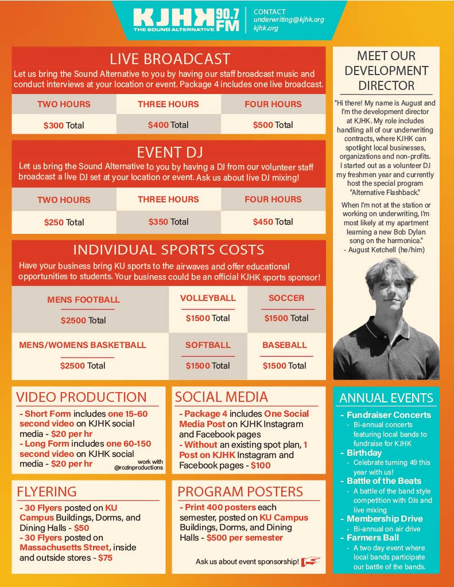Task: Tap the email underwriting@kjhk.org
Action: (x=288, y=19)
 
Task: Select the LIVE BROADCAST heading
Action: (x=170, y=58)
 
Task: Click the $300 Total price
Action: (x=64, y=125)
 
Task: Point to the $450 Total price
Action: (x=273, y=222)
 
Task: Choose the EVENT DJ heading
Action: (x=169, y=152)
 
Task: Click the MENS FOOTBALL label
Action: (x=83, y=299)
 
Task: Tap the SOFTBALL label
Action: (x=208, y=345)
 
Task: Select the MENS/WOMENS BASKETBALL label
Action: (x=83, y=345)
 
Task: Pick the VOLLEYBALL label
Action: (x=208, y=298)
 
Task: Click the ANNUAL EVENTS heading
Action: (x=386, y=398)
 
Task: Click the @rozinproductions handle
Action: (x=139, y=468)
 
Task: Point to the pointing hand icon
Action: (x=311, y=561)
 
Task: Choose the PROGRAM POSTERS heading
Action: (x=240, y=492)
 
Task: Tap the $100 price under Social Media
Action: (x=261, y=465)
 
